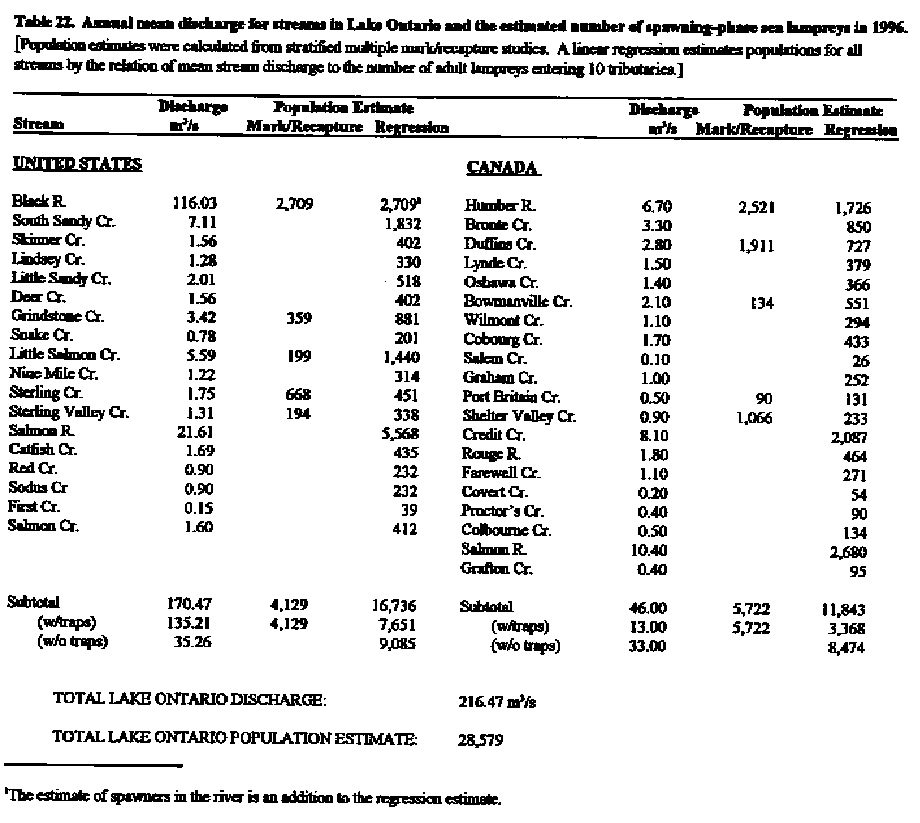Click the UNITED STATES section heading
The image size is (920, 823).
77,164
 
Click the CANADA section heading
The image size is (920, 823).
503,168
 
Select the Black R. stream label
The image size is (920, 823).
40,202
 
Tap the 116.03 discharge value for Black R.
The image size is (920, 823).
194,203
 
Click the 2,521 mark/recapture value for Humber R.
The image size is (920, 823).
756,207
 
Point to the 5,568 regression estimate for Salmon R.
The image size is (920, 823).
400,434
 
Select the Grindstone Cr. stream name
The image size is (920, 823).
57,317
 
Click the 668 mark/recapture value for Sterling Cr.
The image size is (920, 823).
298,395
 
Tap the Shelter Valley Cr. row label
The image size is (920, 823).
519,416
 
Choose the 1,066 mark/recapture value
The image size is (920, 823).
754,418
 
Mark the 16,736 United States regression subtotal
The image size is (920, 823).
394,606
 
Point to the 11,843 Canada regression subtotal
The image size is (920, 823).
843,610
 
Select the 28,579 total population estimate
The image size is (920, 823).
480,740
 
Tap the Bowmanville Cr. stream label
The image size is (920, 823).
518,302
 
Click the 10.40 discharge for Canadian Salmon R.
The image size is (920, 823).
649,551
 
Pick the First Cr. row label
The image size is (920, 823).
34,506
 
